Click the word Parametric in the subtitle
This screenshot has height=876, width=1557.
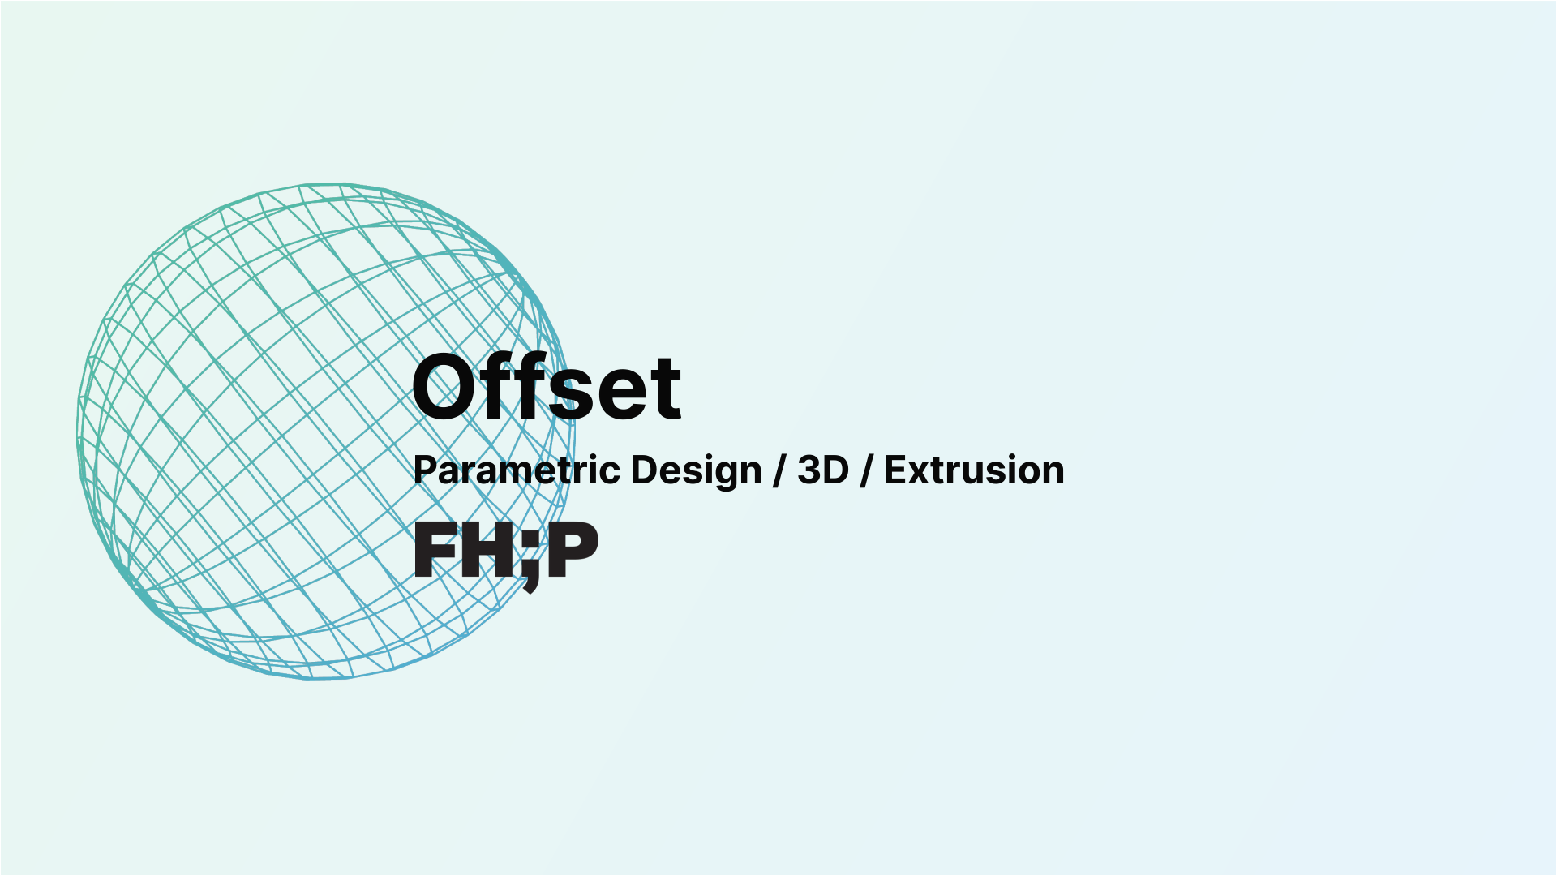pyautogui.click(x=518, y=470)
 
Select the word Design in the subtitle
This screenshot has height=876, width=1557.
pyautogui.click(x=696, y=471)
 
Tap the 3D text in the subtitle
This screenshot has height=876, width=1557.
pyautogui.click(x=822, y=470)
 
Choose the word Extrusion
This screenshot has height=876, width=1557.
pyautogui.click(x=974, y=470)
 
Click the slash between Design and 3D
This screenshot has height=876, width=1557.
pyautogui.click(x=779, y=471)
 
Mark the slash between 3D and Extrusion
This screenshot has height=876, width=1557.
pyautogui.click(x=866, y=471)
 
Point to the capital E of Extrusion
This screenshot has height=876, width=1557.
pyautogui.click(x=894, y=470)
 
